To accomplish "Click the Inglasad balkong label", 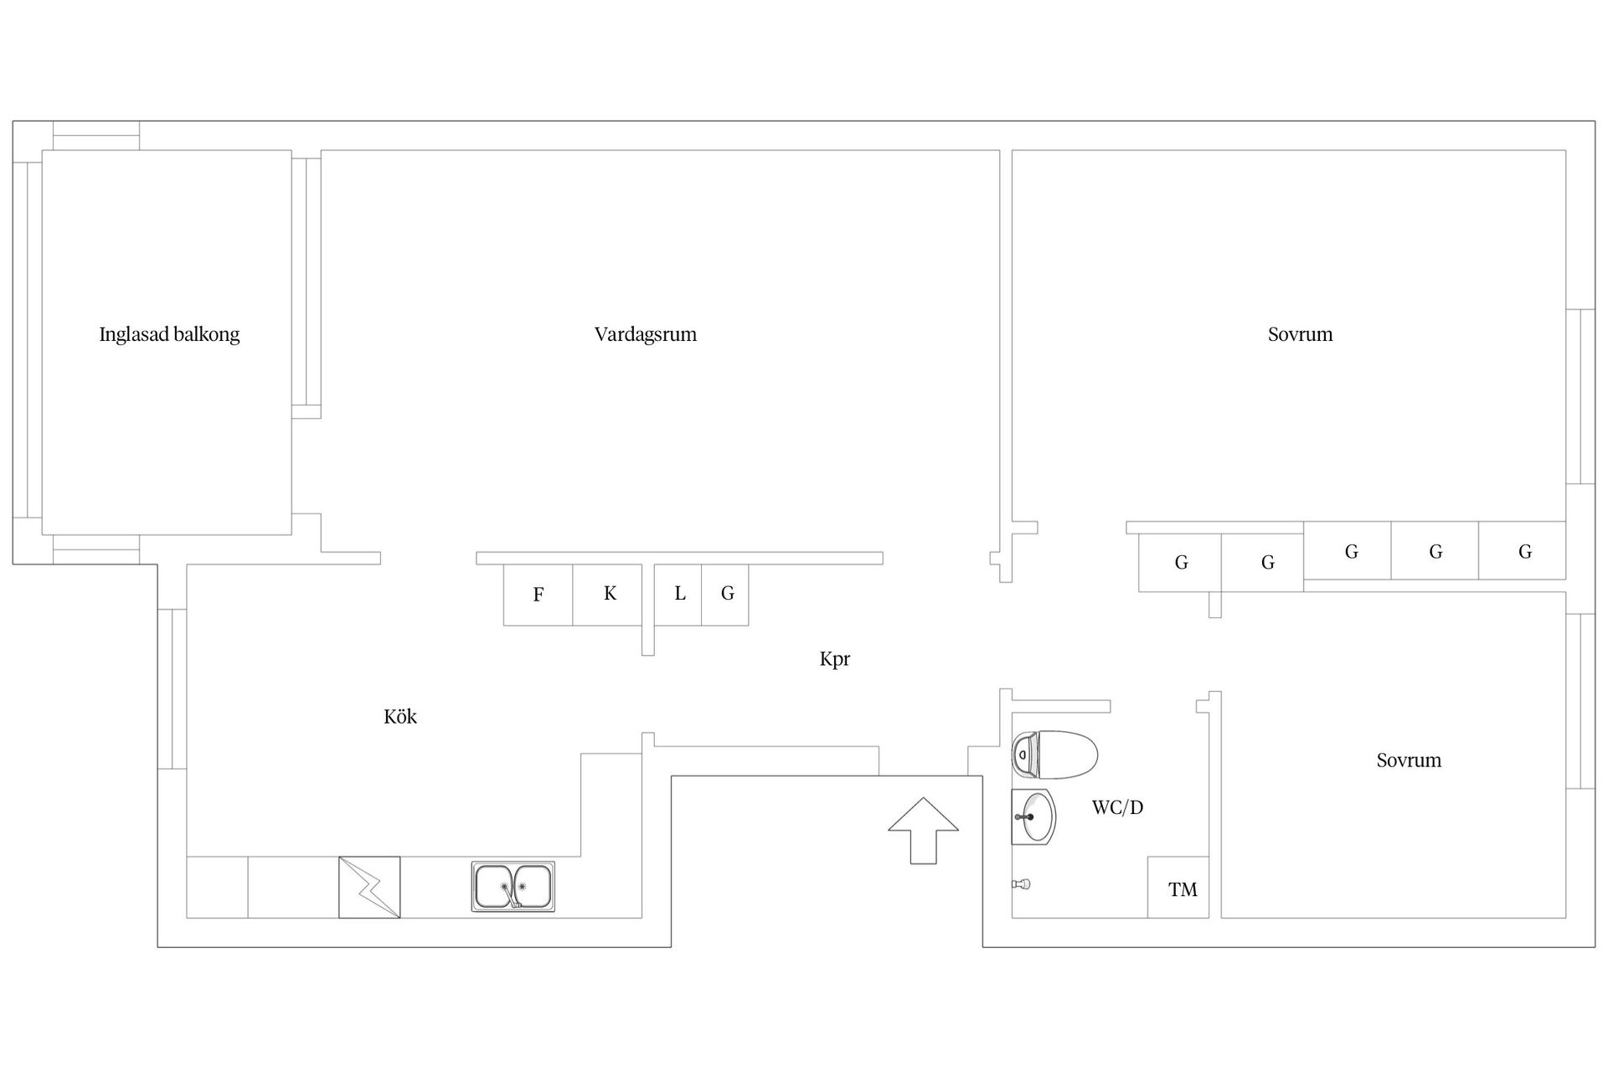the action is coord(169,335).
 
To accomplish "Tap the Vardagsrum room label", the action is coord(646,335).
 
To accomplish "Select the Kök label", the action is coord(400,716).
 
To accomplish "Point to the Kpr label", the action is coord(835,660).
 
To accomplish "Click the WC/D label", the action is coord(1117,807).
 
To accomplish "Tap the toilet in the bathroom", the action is coord(1054,755).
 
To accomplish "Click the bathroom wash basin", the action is coord(1033,816).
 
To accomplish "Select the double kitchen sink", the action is coord(513,886).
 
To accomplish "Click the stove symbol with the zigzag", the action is coord(369,887).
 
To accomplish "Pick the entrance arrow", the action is coord(923,830).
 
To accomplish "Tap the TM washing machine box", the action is coord(1178,887).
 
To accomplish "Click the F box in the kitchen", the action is coord(538,595).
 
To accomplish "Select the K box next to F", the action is coord(607,595).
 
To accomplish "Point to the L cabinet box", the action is coord(678,595).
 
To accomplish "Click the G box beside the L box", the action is coord(725,595).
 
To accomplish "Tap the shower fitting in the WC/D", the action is coord(1021,884).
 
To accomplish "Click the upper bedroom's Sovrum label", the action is coord(1300,335).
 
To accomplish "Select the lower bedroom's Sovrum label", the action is coord(1409,760).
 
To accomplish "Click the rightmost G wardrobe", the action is coord(1522,550).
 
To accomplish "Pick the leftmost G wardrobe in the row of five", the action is coord(1180,563).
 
